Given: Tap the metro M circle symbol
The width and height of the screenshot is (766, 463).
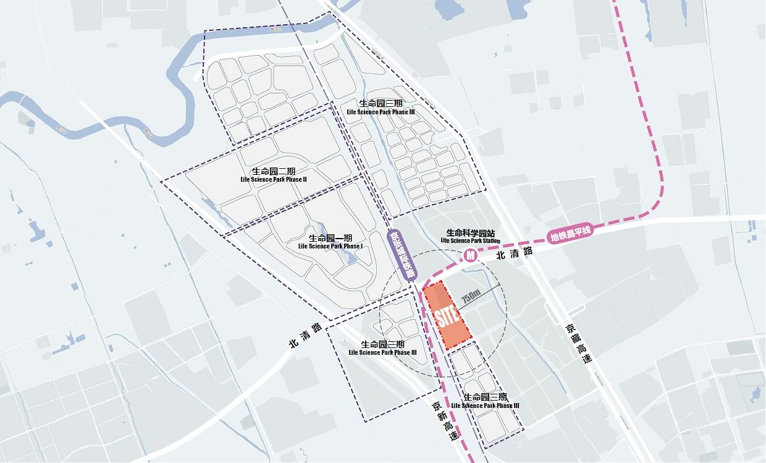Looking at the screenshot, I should [471, 255].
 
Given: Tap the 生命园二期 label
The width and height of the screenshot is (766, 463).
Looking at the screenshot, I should [274, 171].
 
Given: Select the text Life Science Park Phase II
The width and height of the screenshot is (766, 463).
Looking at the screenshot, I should [274, 179].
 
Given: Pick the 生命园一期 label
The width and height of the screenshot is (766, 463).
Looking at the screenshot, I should [330, 238].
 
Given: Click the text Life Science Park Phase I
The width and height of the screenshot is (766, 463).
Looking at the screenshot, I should [330, 246].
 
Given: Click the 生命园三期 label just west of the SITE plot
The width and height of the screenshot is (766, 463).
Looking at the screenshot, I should [382, 344].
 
